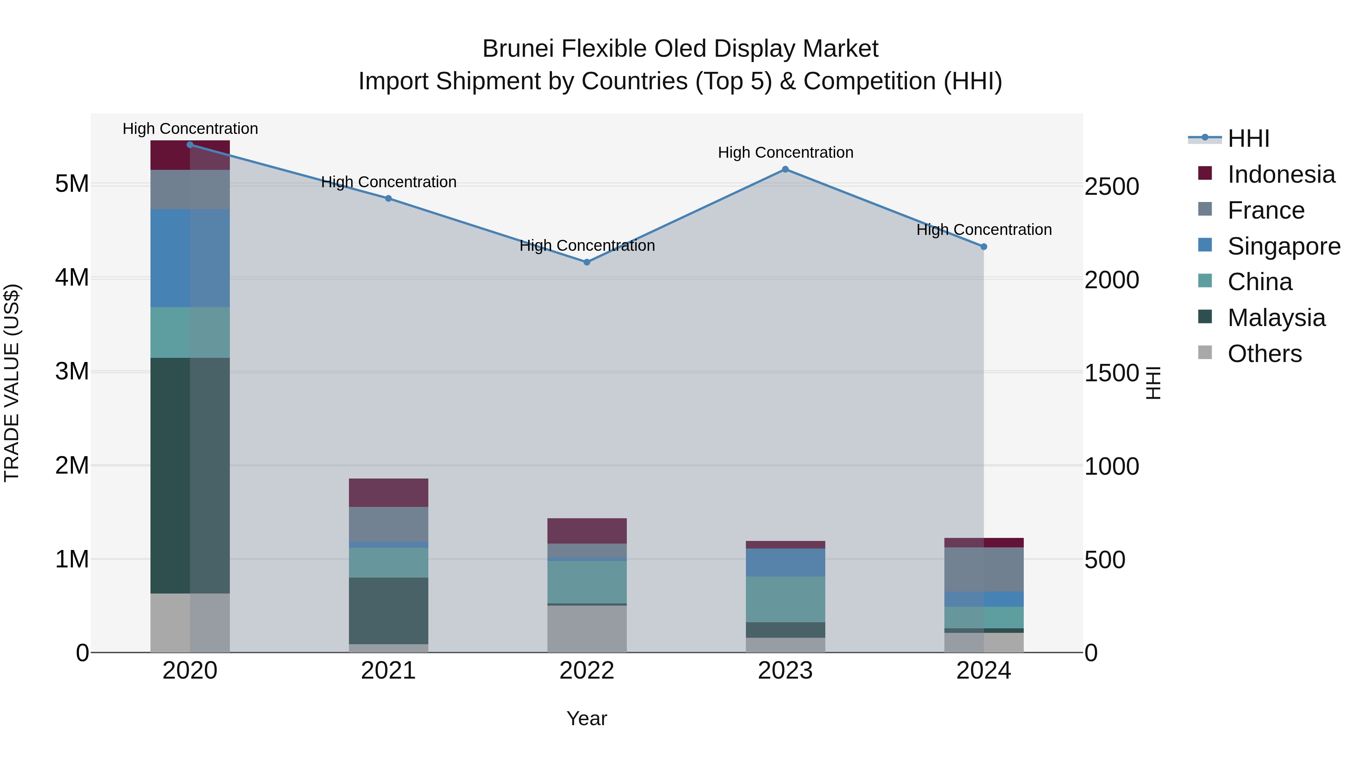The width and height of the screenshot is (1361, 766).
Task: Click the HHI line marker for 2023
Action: tap(785, 169)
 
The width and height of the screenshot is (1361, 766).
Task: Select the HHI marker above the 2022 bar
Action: tap(586, 262)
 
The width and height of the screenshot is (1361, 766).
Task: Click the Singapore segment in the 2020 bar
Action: tap(190, 258)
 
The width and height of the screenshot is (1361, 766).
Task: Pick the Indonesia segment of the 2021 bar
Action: tap(388, 493)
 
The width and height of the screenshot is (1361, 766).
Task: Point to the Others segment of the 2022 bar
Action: tap(586, 629)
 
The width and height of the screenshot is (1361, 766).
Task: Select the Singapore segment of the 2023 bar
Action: tap(785, 562)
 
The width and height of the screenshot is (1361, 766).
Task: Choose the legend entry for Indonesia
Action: tap(1281, 174)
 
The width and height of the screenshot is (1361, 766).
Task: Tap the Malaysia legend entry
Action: tap(1276, 318)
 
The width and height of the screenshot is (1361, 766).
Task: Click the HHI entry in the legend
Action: tap(1248, 138)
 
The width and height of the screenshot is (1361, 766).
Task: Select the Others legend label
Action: tap(1264, 354)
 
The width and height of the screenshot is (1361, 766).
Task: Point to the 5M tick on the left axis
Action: tap(72, 184)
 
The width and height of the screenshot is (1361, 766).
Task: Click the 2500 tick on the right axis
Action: tap(1111, 186)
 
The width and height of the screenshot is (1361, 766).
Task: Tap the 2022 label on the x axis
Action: tap(586, 671)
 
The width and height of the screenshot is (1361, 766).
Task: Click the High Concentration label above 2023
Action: tap(785, 152)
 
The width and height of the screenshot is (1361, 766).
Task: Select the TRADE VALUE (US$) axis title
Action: tap(12, 383)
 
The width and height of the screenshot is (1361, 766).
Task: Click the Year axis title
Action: tap(586, 718)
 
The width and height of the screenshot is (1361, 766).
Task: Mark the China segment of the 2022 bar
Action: tap(586, 581)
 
